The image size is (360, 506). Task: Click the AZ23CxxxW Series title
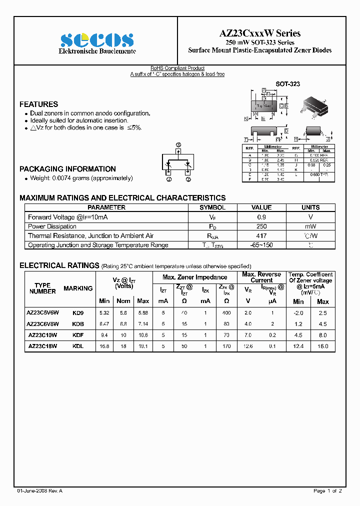pyautogui.click(x=260, y=33)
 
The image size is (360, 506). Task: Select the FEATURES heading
pyautogui.click(x=38, y=104)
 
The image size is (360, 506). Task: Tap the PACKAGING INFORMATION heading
pyautogui.click(x=67, y=169)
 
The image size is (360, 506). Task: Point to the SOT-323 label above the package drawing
pyautogui.click(x=288, y=84)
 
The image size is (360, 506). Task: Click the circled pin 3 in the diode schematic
pyautogui.click(x=178, y=145)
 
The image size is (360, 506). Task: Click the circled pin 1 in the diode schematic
pyautogui.click(x=168, y=178)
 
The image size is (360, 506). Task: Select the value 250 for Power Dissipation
pyautogui.click(x=261, y=226)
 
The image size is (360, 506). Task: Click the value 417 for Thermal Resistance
pyautogui.click(x=261, y=235)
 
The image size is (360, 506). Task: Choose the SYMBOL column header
pyautogui.click(x=212, y=207)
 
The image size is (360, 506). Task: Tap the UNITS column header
pyautogui.click(x=310, y=207)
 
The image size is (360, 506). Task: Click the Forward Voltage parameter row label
pyautogui.click(x=68, y=217)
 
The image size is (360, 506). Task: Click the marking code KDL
pyautogui.click(x=77, y=345)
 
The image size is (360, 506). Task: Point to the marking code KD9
pyautogui.click(x=78, y=313)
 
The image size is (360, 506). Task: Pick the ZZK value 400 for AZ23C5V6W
pyautogui.click(x=226, y=313)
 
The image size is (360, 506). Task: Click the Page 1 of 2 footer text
pyautogui.click(x=327, y=490)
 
